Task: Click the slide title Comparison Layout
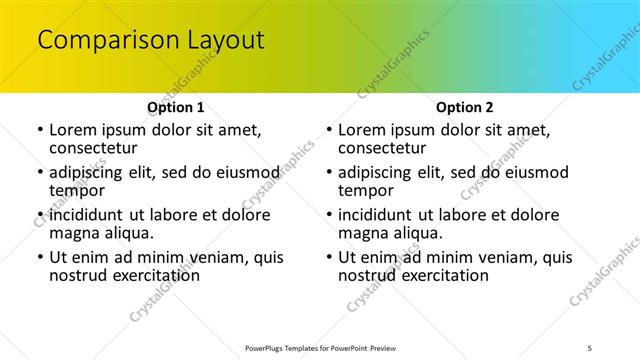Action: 150,40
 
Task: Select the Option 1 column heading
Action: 176,107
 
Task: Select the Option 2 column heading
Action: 465,107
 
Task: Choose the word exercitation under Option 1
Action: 150,275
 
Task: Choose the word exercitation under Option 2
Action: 439,275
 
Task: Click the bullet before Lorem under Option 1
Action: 39,130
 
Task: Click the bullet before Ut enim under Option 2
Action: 328,257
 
